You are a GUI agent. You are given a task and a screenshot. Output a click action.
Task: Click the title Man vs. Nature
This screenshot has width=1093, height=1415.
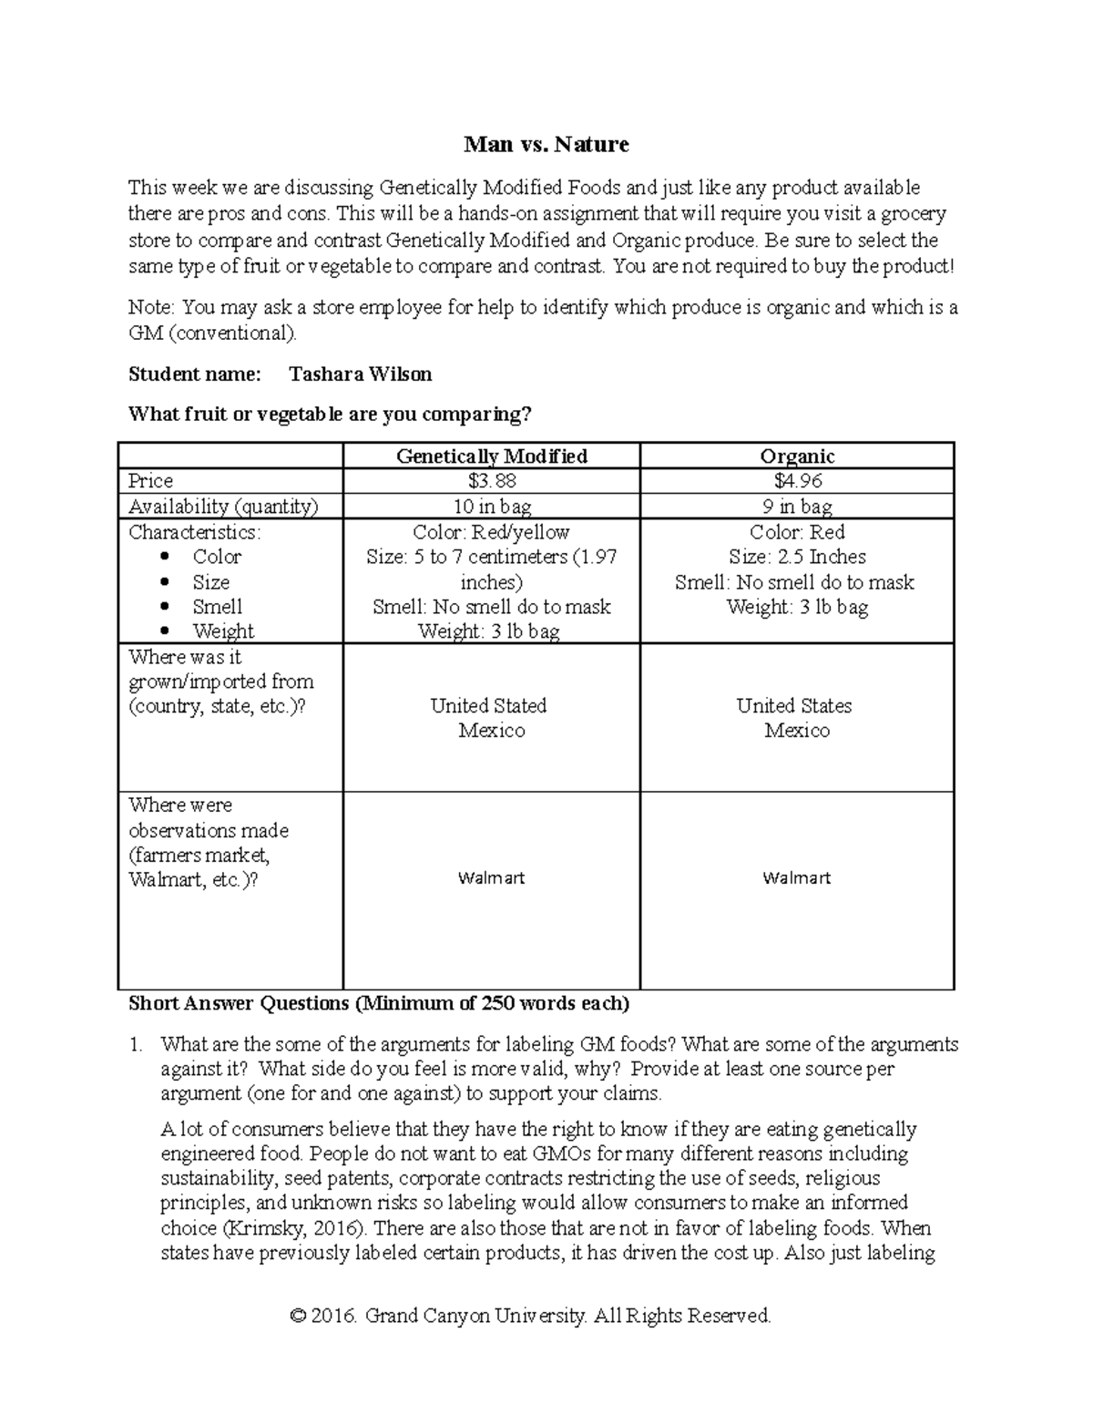click(x=546, y=144)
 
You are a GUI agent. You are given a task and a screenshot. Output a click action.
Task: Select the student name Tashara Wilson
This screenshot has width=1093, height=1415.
click(x=360, y=374)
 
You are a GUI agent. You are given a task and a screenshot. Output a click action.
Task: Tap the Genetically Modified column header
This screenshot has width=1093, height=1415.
click(x=491, y=456)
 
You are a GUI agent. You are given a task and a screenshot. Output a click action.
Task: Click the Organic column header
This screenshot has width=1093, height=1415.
click(x=797, y=456)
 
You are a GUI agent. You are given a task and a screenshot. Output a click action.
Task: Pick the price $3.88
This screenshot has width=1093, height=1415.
click(x=491, y=481)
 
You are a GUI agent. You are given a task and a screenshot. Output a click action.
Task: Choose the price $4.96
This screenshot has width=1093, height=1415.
click(x=797, y=481)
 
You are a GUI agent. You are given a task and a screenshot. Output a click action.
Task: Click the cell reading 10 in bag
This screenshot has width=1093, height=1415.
click(x=491, y=507)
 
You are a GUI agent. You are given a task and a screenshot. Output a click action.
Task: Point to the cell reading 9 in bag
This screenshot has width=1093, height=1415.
click(x=797, y=507)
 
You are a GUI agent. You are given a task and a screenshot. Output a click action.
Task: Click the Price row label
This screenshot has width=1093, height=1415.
click(x=151, y=481)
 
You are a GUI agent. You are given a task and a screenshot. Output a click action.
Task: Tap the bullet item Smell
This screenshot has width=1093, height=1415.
click(x=217, y=607)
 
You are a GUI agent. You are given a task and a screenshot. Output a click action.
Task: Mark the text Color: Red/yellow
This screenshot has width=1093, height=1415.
click(x=491, y=532)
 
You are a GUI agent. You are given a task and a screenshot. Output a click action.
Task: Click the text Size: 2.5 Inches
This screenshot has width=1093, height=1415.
click(x=797, y=557)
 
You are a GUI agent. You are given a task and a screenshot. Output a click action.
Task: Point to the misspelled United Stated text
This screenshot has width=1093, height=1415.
click(x=488, y=706)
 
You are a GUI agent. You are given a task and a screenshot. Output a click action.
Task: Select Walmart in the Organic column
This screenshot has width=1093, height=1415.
click(x=797, y=878)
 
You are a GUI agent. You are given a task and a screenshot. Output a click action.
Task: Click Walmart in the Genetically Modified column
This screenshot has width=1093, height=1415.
click(x=491, y=878)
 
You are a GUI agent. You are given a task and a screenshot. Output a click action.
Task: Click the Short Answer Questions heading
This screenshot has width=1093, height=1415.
click(x=379, y=1003)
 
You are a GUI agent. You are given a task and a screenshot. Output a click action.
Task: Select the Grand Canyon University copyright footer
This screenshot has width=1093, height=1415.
click(x=530, y=1316)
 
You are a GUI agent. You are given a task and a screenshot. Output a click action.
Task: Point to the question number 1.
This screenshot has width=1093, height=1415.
click(x=136, y=1044)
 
